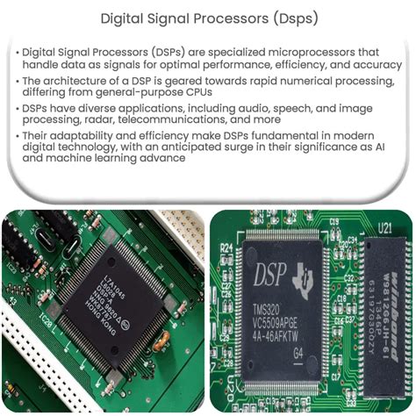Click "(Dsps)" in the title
pos(294,17)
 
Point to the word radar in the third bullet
pos(126,143)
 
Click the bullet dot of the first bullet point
pos(16,53)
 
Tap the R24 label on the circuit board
pos(226,248)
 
